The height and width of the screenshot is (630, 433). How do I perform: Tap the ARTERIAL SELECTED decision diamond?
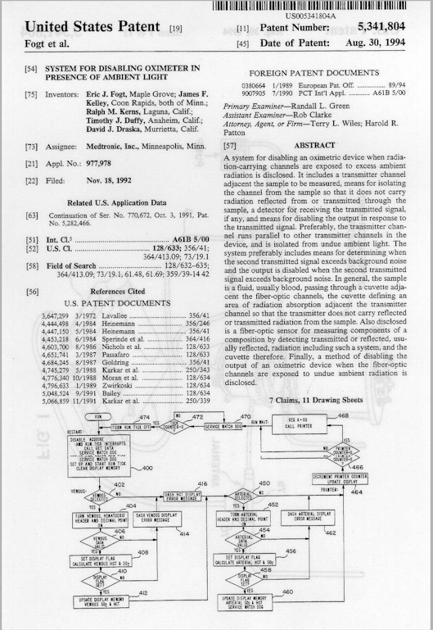[x=243, y=496]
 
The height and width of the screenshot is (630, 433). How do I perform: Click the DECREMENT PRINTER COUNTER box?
[x=340, y=478]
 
